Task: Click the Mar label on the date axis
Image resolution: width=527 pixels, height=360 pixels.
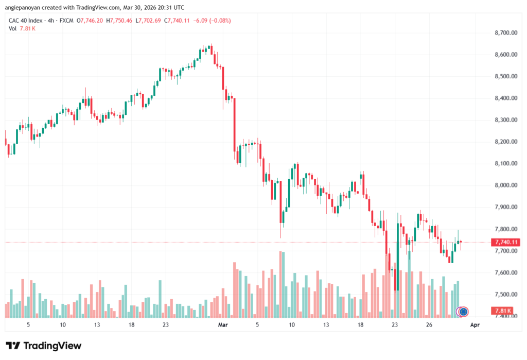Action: [x=223, y=325]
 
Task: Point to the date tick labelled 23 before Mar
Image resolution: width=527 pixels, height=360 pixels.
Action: [x=166, y=325]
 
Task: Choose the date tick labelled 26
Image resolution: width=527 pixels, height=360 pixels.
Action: [x=429, y=325]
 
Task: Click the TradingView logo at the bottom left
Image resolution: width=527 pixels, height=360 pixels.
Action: [x=43, y=346]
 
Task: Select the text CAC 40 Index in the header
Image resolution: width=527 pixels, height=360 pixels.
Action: [x=25, y=21]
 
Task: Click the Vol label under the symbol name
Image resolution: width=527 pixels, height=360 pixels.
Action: [x=13, y=28]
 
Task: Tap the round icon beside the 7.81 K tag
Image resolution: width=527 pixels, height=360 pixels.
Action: [x=463, y=311]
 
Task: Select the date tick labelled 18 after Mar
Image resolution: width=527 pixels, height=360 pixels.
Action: [x=360, y=325]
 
